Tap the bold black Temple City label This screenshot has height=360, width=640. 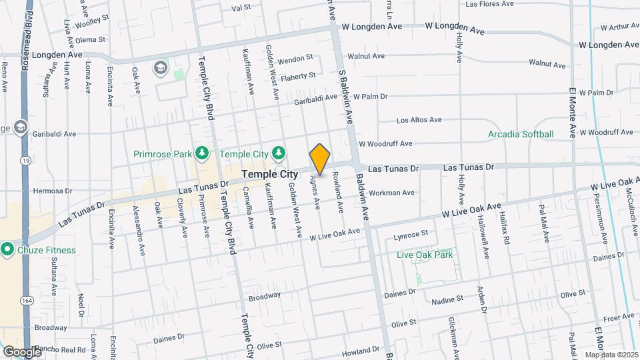tap(269, 174)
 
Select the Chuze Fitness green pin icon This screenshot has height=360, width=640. tap(8, 250)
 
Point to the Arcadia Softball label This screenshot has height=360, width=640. tap(521, 134)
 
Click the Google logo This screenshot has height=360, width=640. tap(21, 351)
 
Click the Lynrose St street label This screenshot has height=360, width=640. tap(411, 235)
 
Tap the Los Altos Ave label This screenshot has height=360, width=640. tap(419, 121)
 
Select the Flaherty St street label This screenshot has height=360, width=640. tap(297, 76)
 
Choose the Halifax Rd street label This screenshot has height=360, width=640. tap(506, 235)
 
